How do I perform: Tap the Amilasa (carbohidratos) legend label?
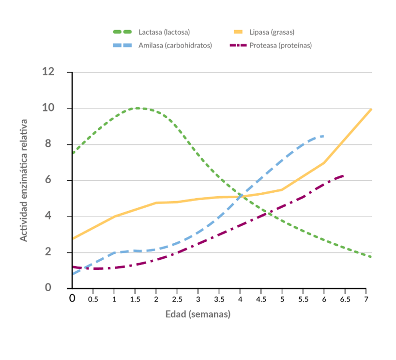175,46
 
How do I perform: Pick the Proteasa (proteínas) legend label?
281,46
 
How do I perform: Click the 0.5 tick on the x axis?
93,299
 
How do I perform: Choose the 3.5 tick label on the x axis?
219,299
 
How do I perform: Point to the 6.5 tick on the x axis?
345,299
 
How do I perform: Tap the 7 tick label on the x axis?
366,299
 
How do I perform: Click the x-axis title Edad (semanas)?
198,314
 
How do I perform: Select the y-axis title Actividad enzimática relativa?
23,180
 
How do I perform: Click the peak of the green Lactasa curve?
138,108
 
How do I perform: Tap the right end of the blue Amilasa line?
323,136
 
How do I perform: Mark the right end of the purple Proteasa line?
344,175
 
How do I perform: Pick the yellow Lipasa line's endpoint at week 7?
371,110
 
